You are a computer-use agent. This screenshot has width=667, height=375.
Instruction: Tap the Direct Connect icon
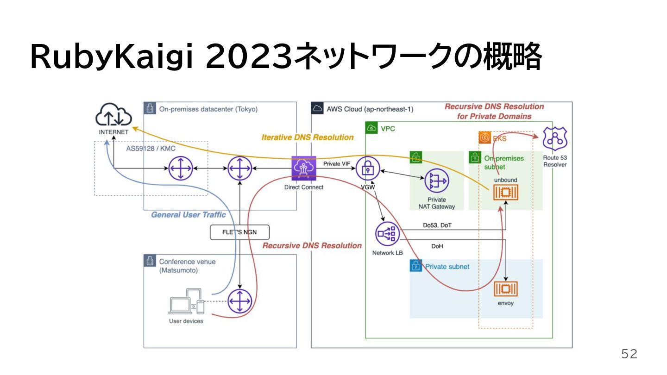tap(303, 168)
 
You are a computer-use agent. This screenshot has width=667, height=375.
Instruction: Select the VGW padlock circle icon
tap(368, 169)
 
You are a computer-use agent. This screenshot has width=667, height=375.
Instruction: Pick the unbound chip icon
tap(505, 193)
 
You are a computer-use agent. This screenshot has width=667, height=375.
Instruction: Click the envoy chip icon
tap(505, 289)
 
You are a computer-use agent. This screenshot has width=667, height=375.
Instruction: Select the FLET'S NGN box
tap(239, 232)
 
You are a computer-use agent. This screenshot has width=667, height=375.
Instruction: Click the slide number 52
tap(629, 355)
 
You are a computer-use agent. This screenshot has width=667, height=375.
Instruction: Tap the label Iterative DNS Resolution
tap(307, 137)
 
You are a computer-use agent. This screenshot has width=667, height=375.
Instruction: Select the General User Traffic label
tap(188, 215)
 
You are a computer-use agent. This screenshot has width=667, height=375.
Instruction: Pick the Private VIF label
tap(337, 163)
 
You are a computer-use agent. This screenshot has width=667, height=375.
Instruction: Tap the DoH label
tap(437, 246)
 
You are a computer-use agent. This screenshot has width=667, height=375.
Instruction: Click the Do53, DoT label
tap(437, 225)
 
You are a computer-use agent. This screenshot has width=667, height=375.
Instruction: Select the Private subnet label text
tap(447, 267)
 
